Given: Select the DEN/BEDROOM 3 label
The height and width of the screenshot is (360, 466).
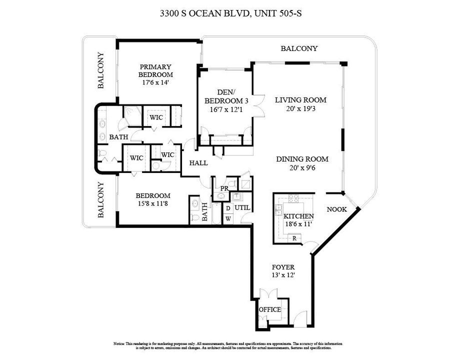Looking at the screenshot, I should (226, 96).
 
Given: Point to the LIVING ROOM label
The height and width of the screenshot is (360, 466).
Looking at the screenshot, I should (300, 99).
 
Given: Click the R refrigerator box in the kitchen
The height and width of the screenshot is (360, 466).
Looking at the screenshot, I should (294, 238).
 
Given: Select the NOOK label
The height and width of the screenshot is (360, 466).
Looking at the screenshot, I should (336, 209).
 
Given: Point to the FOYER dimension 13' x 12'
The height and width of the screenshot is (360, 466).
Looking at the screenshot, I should (282, 275).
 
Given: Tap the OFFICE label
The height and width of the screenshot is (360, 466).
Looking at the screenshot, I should (269, 309).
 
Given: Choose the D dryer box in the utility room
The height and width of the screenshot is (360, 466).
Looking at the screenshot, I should (228, 208).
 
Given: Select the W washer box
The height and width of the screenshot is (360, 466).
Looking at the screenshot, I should (228, 218).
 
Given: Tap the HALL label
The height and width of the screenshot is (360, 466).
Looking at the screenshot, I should (198, 163).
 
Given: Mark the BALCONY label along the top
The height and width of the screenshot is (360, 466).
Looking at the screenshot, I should (299, 48).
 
